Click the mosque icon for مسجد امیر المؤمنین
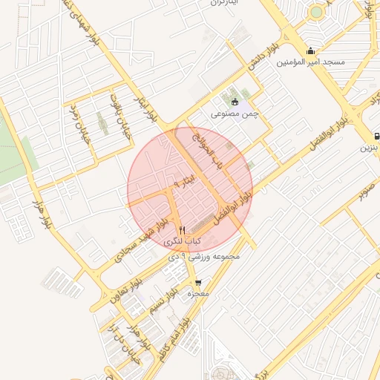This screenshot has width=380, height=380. [x=310, y=51]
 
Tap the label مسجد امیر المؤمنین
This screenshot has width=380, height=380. [x=312, y=62]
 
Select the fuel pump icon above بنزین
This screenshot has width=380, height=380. [x=377, y=136]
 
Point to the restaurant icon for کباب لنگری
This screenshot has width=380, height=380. [x=183, y=231]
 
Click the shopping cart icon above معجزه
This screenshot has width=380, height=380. [x=198, y=283]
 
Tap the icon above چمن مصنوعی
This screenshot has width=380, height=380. [x=235, y=102]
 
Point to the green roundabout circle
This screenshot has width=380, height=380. [x=317, y=11]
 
